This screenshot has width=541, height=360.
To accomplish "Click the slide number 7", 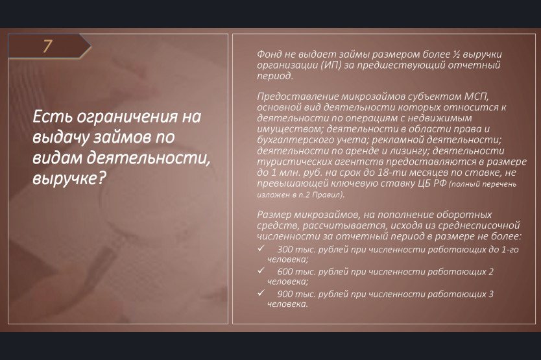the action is tap(47, 46).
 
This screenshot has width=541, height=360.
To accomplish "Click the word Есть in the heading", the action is tap(53, 117).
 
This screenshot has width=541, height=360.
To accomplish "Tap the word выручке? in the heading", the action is tap(69, 179).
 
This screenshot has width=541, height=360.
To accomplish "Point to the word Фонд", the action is tap(269, 54).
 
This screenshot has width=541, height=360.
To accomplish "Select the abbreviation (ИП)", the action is tap(331, 66).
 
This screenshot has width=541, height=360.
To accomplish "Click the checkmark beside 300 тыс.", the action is tap(261, 248).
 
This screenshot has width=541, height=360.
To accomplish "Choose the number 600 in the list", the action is tap(285, 272).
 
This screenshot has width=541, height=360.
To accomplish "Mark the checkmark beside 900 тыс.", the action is tap(261, 293).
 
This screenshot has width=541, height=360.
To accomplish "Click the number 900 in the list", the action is tap(285, 294).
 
